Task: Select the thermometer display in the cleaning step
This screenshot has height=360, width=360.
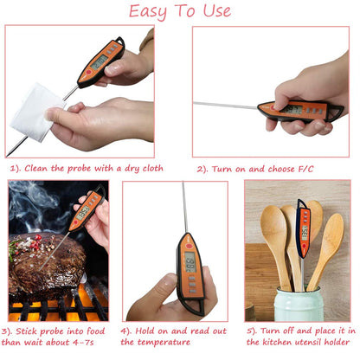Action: [x=100, y=61]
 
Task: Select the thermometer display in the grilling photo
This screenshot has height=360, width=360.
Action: [x=84, y=210]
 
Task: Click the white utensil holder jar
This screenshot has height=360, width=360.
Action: [x=299, y=305]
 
